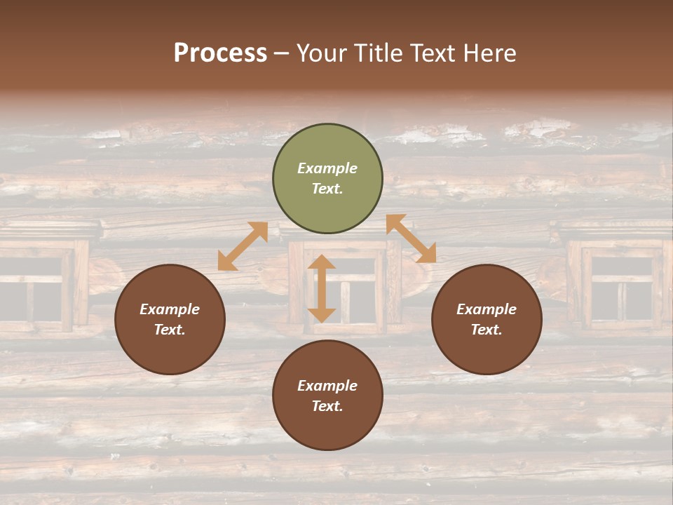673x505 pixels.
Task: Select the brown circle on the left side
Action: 170,319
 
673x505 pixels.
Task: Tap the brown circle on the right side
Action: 487,319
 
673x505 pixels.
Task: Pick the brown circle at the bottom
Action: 327,396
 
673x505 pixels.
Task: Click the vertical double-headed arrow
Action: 322,288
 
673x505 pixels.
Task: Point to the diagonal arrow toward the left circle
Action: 243,246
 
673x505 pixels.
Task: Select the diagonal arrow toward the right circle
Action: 411,238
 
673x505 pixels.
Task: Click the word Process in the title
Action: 220,53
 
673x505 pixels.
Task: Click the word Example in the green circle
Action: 327,168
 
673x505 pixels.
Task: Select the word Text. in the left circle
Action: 170,330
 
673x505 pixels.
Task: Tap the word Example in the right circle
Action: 487,309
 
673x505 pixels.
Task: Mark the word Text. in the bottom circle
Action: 327,406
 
